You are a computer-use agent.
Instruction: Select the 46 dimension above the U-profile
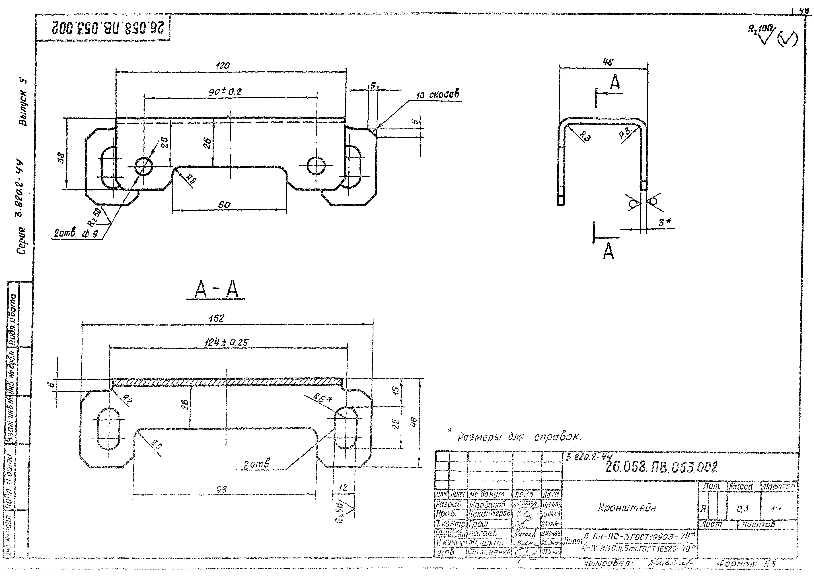(607, 62)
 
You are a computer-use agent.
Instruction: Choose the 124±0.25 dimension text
(227, 342)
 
